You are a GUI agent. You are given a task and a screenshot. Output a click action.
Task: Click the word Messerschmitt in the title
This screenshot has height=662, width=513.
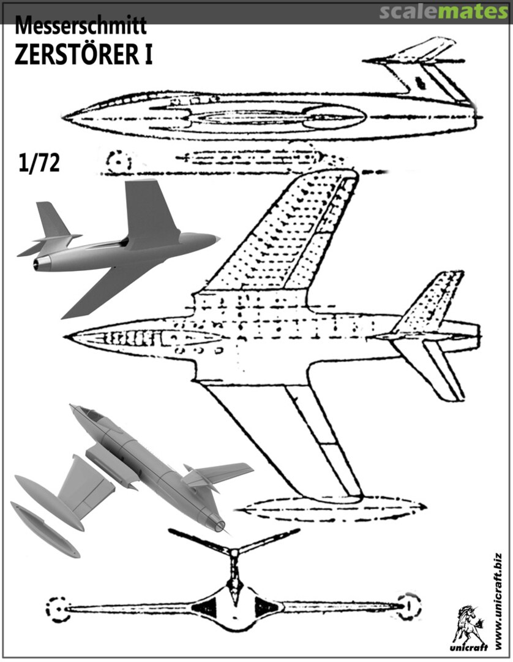(80, 26)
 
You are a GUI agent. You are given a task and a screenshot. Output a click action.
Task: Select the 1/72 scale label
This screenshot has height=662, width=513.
(39, 164)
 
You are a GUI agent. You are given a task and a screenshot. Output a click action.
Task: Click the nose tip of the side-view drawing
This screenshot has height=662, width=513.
(66, 115)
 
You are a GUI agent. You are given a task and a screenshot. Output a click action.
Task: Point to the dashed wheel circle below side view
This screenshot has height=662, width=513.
(118, 162)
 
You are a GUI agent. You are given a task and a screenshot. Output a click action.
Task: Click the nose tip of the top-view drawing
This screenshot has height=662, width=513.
(67, 337)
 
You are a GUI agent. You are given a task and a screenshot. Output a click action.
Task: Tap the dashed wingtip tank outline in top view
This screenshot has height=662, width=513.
(331, 508)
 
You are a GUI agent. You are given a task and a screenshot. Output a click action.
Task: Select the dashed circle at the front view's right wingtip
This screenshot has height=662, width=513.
(409, 606)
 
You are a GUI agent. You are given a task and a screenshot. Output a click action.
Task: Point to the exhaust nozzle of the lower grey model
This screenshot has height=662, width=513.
(218, 523)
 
